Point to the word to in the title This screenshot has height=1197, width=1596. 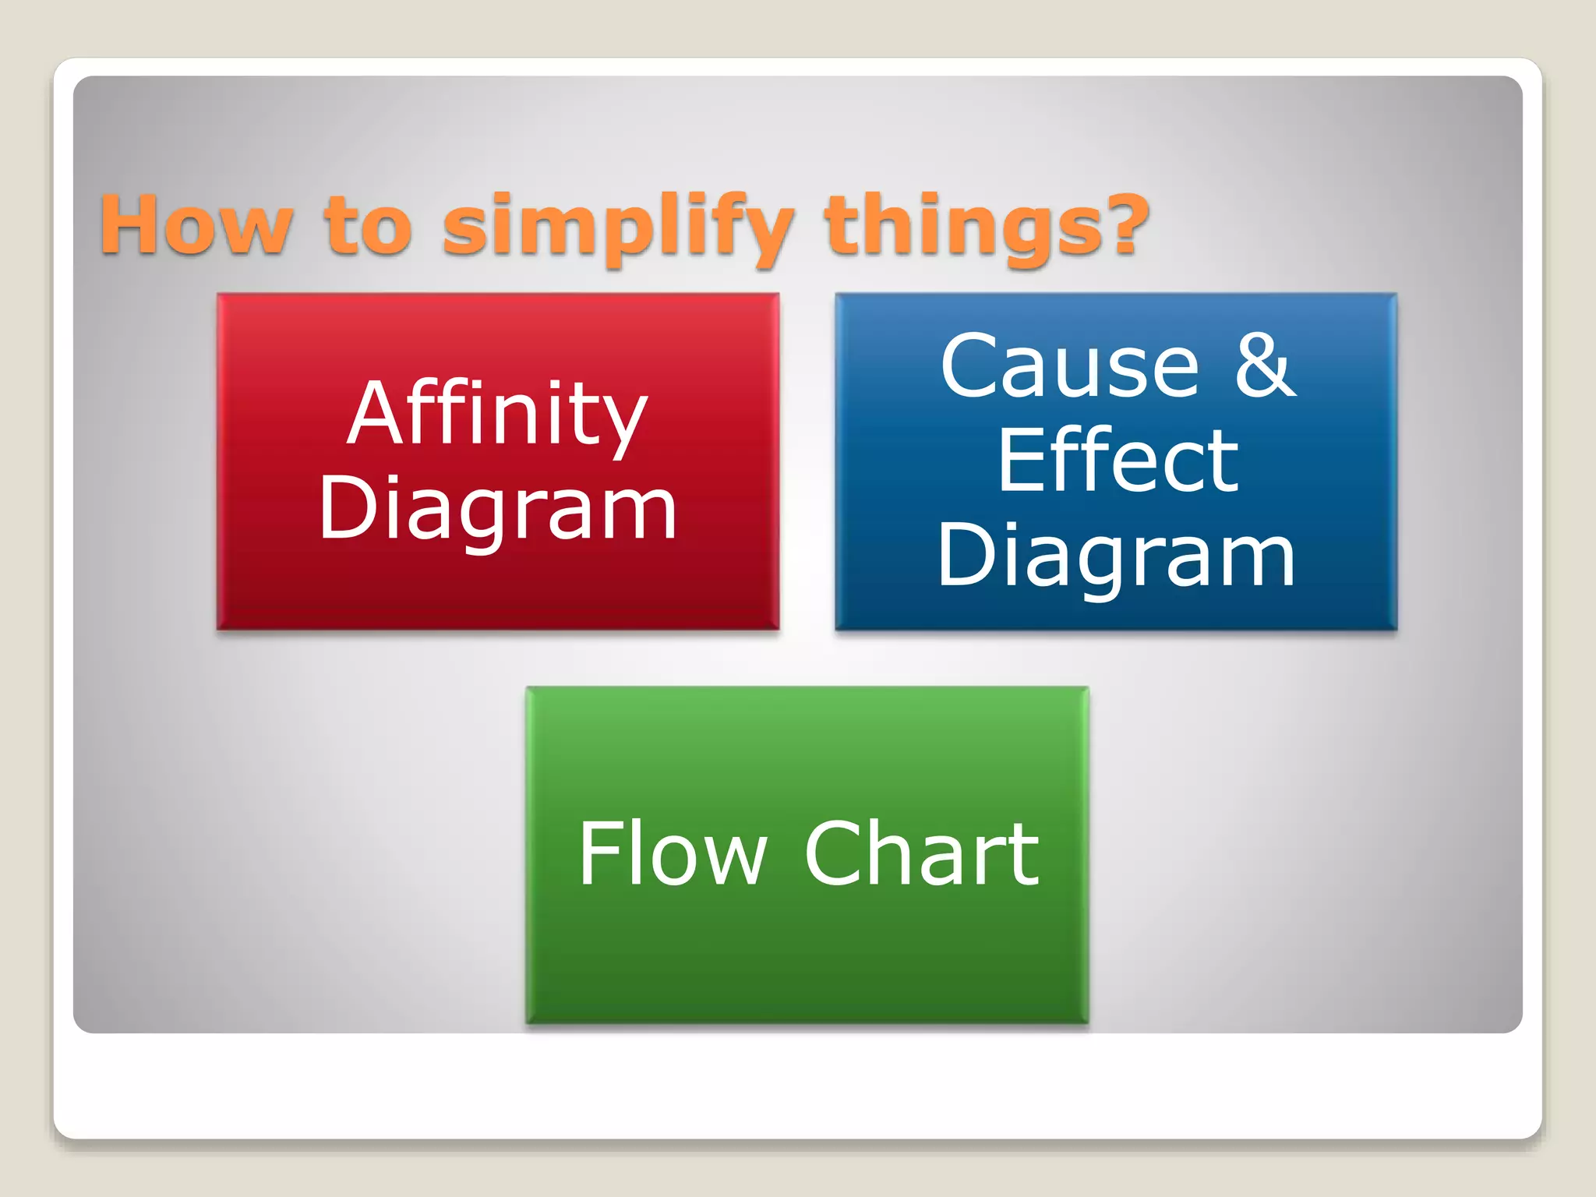coord(367,226)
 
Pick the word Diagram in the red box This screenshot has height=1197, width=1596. coord(497,508)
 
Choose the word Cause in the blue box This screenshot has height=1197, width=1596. coord(1069,366)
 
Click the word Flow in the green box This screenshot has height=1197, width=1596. coord(673,854)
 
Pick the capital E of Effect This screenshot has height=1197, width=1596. coord(1022,461)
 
